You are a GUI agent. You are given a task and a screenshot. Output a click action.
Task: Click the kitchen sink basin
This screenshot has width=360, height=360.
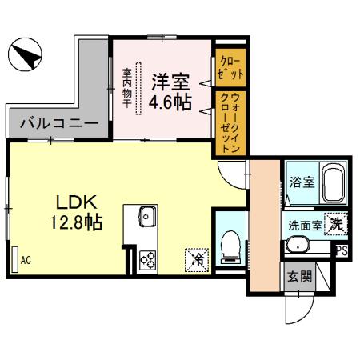(x=146, y=214)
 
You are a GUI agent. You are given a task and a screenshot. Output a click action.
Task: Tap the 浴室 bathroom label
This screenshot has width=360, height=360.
(x=302, y=182)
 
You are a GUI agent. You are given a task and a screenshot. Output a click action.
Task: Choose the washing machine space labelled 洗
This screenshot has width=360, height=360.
(x=338, y=225)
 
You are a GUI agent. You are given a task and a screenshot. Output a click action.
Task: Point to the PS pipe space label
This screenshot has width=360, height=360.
(x=342, y=251)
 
